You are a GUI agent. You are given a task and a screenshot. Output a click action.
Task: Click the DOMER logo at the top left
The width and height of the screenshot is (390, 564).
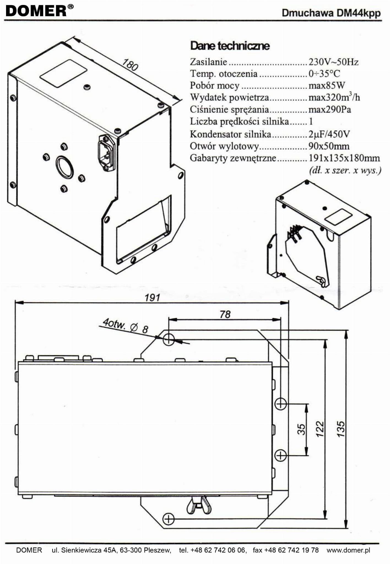pyautogui.click(x=39, y=11)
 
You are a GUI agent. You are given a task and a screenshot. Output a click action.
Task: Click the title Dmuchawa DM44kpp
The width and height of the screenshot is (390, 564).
pyautogui.click(x=331, y=13)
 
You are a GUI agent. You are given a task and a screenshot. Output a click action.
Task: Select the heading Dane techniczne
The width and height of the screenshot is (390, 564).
pyautogui.click(x=230, y=46)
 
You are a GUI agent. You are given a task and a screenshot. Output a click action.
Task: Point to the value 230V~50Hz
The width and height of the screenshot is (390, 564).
pyautogui.click(x=334, y=62)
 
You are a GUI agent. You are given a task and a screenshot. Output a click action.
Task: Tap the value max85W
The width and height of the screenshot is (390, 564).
pyautogui.click(x=327, y=86)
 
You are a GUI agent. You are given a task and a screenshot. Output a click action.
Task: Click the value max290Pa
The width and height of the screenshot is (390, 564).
pyautogui.click(x=330, y=110)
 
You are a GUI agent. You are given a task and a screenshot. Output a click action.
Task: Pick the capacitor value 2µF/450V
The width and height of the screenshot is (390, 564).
pyautogui.click(x=329, y=134)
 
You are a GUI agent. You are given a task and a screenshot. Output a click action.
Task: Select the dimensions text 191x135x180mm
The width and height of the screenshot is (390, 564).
pyautogui.click(x=344, y=158)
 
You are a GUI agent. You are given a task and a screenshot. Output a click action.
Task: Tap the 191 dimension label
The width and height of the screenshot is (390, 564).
pyautogui.click(x=152, y=298)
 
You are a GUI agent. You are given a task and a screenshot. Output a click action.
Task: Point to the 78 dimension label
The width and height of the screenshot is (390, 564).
pyautogui.click(x=225, y=314)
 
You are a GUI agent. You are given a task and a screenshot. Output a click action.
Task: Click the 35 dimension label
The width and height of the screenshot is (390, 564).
pyautogui.click(x=302, y=429)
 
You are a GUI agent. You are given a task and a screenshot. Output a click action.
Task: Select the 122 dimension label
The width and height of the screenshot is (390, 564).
pyautogui.click(x=320, y=429)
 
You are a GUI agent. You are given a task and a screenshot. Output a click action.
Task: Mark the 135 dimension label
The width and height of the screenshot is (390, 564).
pyautogui.click(x=340, y=429)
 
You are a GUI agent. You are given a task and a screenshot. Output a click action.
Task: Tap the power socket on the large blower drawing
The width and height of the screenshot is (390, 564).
pyautogui.click(x=106, y=153)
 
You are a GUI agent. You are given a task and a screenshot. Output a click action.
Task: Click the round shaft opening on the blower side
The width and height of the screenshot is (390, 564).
pyautogui.click(x=64, y=167)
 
